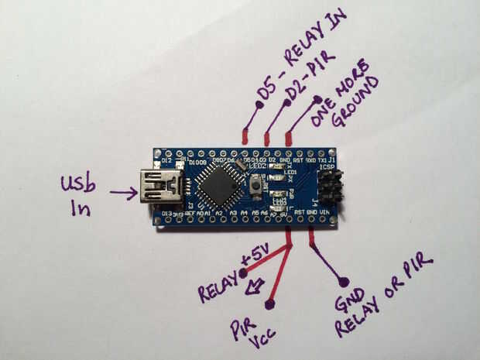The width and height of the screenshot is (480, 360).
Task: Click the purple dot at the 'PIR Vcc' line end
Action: (269, 304)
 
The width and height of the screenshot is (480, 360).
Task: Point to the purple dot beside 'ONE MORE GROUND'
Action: (317, 99)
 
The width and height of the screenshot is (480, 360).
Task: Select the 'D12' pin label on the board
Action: (166, 161)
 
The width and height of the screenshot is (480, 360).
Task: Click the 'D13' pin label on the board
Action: (165, 212)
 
